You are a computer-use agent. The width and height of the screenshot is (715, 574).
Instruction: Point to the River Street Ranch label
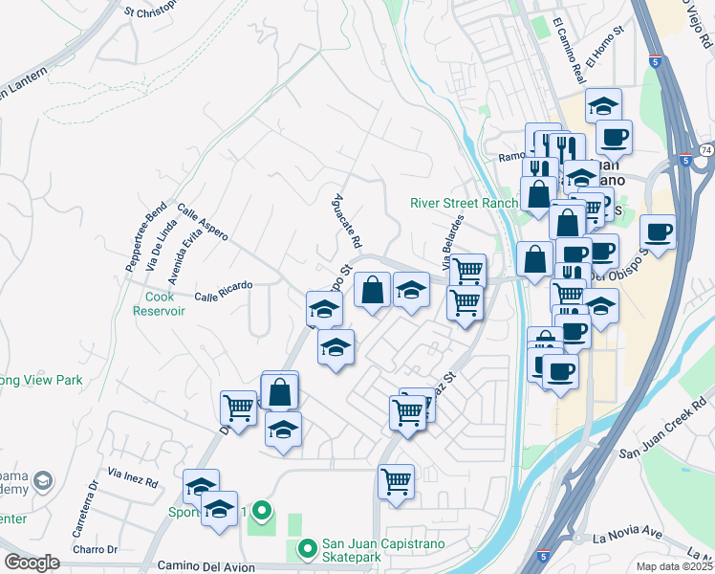464,203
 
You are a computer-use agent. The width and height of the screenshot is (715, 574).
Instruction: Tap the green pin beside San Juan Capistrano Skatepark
307,549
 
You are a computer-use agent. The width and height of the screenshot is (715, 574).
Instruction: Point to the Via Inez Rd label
133,475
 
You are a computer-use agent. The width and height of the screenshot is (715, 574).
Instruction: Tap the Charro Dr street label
99,549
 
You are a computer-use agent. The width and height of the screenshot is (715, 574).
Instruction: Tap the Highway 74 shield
704,151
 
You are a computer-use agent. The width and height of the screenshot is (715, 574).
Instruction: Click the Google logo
31,563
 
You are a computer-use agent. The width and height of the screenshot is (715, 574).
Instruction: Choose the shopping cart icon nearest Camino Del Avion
395,481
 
